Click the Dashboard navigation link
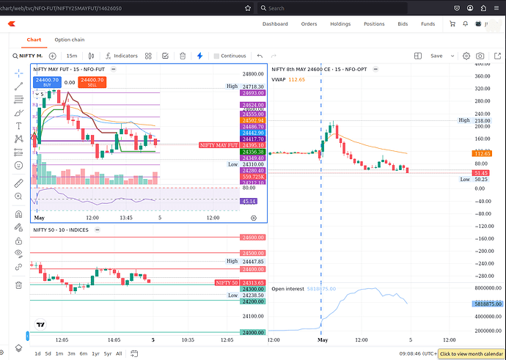(x=275, y=23)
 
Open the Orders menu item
(x=309, y=23)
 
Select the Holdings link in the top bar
(x=340, y=23)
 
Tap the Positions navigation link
(x=374, y=23)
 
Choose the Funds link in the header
(x=428, y=23)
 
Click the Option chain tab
(x=69, y=40)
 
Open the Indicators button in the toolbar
(x=122, y=56)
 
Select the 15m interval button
(x=72, y=56)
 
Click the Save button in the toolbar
(x=437, y=56)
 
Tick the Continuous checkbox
(x=216, y=56)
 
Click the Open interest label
(x=287, y=289)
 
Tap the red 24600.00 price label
(x=252, y=238)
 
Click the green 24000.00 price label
(x=252, y=333)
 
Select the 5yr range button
(x=108, y=353)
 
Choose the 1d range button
(x=37, y=353)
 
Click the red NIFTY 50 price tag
(x=226, y=282)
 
